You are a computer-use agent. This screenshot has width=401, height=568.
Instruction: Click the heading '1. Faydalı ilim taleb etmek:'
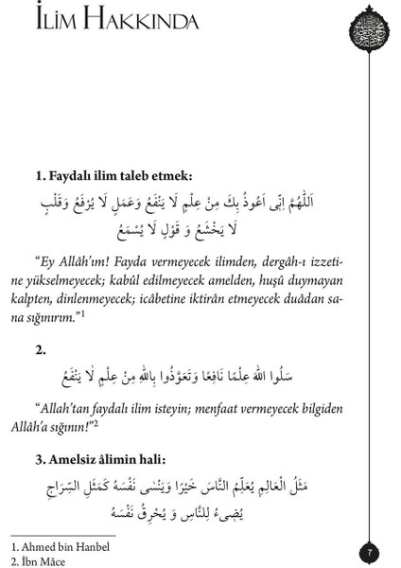pos(114,176)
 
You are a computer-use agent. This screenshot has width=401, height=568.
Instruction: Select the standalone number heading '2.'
pos(42,350)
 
